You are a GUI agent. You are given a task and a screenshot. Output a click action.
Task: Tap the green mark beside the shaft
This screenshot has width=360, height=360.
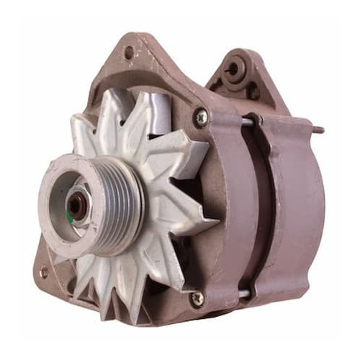coord(71,215)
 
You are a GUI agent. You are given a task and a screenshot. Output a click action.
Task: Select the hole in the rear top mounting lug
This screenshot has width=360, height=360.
coord(232,69)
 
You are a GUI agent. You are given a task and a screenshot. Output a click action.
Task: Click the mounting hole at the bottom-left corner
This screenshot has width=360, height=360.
coord(44,273)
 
